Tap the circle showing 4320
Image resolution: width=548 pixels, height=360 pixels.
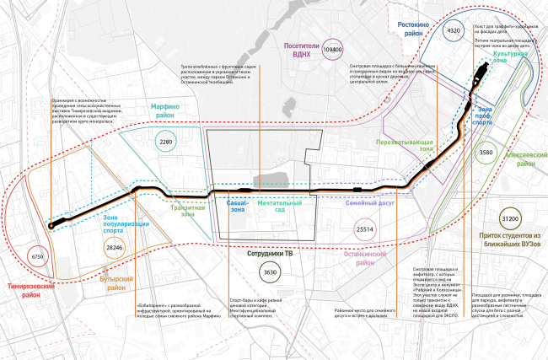pyautogui.click(x=454, y=31)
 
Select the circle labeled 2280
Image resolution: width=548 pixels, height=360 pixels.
pyautogui.click(x=166, y=142)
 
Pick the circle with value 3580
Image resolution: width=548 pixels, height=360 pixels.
pyautogui.click(x=509, y=153)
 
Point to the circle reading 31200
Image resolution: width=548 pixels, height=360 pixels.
pyautogui.click(x=509, y=217)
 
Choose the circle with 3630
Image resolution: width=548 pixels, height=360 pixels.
pyautogui.click(x=269, y=272)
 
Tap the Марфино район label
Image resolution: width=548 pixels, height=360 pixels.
pyautogui.click(x=170, y=113)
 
